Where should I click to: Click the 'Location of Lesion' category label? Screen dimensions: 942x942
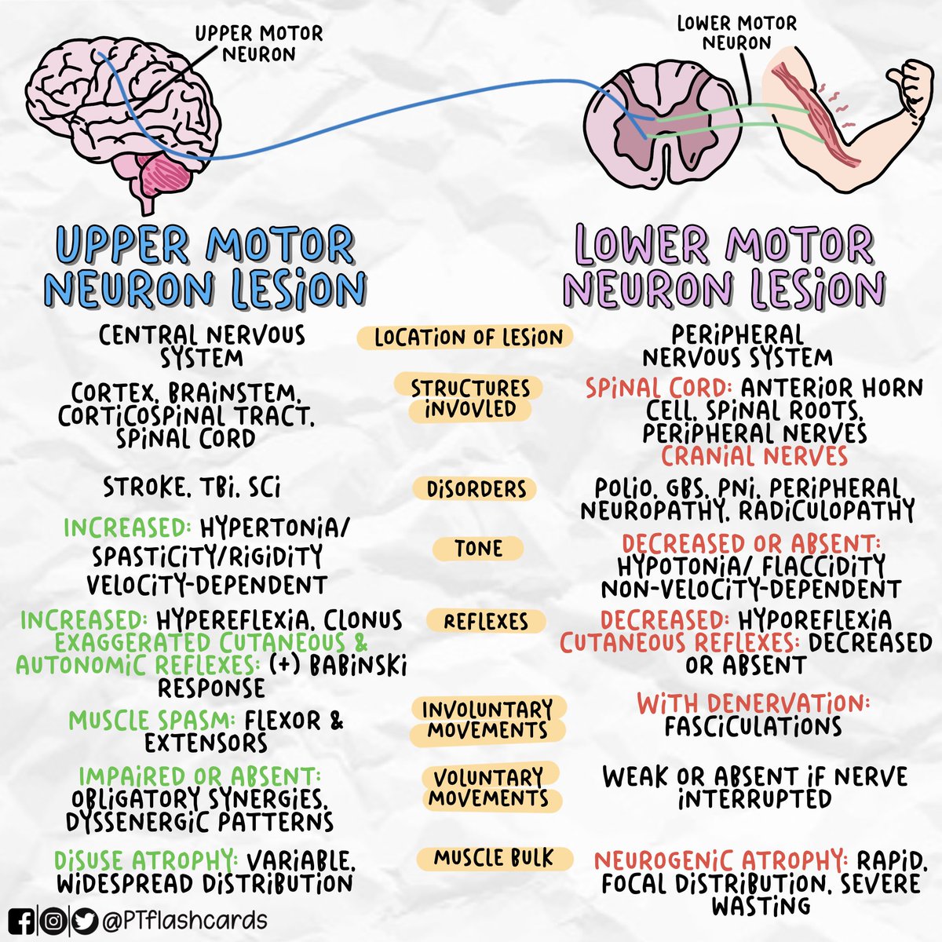(469, 338)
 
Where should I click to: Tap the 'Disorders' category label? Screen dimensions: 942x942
(476, 488)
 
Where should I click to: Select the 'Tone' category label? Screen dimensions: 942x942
(477, 548)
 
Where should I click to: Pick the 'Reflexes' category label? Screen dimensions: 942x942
(486, 622)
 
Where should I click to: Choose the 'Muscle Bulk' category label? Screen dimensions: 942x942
(494, 857)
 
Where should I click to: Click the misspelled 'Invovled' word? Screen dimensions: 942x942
(470, 409)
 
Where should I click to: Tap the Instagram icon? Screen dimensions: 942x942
(53, 920)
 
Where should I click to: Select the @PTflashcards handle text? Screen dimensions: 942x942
(184, 920)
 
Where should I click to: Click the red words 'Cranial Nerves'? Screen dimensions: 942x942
(754, 456)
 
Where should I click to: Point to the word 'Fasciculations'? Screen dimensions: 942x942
(753, 726)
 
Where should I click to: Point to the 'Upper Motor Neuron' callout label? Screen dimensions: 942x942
(258, 44)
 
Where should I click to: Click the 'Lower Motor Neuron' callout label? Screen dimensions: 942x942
(736, 33)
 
